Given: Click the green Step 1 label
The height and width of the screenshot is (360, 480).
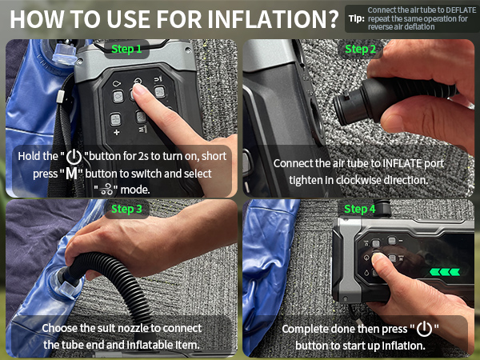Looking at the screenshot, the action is click(x=126, y=49).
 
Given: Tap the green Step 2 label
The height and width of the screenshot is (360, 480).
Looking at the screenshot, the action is click(x=360, y=49).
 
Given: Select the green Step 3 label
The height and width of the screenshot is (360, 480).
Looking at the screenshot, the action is click(x=126, y=209).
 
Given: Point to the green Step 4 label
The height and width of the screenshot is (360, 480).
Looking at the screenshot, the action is click(x=360, y=209).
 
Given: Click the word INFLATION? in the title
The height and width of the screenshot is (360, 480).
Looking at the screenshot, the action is click(x=273, y=19).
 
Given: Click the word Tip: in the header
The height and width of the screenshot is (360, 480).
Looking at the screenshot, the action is click(x=357, y=19).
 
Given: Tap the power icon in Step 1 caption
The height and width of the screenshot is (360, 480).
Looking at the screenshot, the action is click(x=74, y=157).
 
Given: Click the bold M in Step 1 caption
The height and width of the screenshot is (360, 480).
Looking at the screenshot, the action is click(x=72, y=174).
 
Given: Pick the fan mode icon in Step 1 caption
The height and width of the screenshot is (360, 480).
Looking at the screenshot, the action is click(x=106, y=190).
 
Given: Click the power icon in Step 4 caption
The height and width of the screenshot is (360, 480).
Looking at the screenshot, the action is click(x=425, y=329).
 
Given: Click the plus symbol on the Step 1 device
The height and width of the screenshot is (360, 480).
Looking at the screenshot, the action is click(x=116, y=132).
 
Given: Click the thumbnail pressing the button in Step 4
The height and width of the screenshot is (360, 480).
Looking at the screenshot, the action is click(x=377, y=258).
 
